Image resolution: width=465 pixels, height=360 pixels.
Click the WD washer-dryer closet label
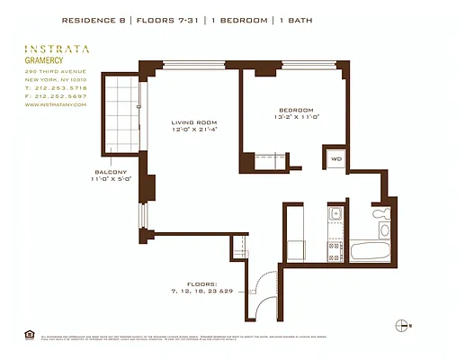tap(336, 158)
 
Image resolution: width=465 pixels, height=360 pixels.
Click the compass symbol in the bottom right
tap(402, 325)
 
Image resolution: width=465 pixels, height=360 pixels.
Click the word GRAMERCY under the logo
tap(43, 62)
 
